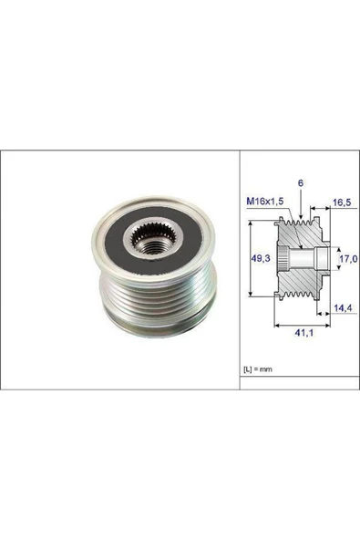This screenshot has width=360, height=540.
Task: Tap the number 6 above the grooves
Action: (300, 183)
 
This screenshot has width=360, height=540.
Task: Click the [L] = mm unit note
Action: (259, 369)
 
